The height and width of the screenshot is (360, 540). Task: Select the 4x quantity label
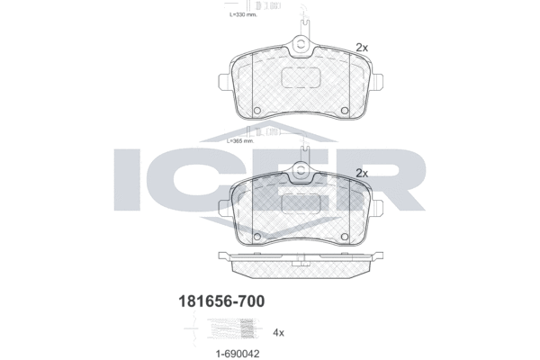click(277, 332)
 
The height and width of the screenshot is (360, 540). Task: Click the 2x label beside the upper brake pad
click(362, 47)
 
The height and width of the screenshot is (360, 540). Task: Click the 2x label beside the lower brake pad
click(363, 173)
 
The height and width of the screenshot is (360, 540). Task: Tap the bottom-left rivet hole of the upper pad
click(256, 112)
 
